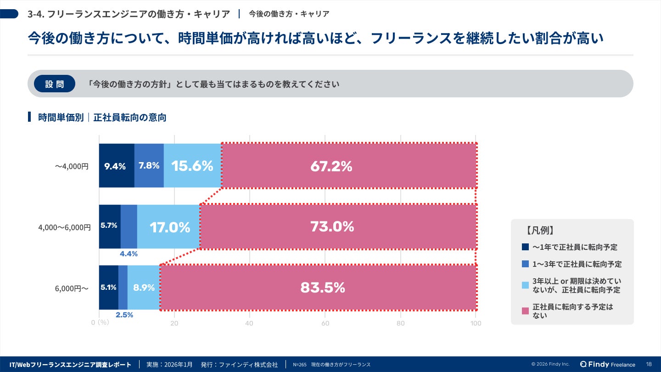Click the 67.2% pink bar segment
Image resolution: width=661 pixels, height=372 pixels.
coord(349,166)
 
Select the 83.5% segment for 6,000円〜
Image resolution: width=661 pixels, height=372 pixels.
coord(318,287)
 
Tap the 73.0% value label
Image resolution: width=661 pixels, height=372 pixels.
coord(332,226)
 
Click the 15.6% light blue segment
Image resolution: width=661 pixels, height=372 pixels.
coord(192,166)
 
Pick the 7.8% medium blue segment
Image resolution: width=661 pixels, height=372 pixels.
coord(149,165)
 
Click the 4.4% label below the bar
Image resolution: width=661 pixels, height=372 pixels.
coord(129,254)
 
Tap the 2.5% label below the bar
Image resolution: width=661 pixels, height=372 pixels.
coord(124,315)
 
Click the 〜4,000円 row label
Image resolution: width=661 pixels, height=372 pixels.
coord(72,166)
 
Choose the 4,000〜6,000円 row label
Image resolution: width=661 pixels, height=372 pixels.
coord(64,227)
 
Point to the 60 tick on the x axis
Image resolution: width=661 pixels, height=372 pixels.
coord(325,323)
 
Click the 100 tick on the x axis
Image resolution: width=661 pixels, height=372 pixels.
coord(476,323)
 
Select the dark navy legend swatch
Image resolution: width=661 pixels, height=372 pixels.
coord(526,247)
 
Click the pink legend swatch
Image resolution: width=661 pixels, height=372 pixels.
coord(526,311)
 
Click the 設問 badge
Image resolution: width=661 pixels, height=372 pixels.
coord(55,84)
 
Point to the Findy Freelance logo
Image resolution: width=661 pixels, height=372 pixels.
coord(608,364)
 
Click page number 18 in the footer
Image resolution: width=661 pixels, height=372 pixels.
coord(649,364)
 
